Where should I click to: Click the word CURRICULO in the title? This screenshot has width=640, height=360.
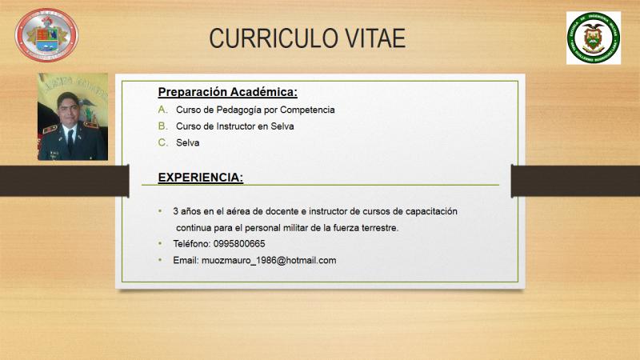pos(273,38)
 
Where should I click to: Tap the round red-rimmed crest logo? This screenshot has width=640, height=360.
pos(46,35)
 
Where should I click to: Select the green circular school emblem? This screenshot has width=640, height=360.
pos(594,38)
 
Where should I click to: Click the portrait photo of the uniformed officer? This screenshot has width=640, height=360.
pos(73,116)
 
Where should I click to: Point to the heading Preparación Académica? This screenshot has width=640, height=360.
pos(228,92)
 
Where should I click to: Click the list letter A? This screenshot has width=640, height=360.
pos(162,110)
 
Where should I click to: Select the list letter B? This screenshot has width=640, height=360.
pos(162,126)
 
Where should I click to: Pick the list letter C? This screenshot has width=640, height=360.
pos(163,142)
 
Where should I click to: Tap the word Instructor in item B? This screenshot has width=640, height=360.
pos(235,126)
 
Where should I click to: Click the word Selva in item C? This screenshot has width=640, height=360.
pos(188,143)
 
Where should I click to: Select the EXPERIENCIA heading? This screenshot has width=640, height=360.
pos(201,178)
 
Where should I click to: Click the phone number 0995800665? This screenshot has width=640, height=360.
pos(239,244)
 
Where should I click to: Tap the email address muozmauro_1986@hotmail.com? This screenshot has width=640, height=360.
pos(269,261)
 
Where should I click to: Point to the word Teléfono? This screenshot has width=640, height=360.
pos(192,244)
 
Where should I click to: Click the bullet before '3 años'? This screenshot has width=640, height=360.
pos(160,211)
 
